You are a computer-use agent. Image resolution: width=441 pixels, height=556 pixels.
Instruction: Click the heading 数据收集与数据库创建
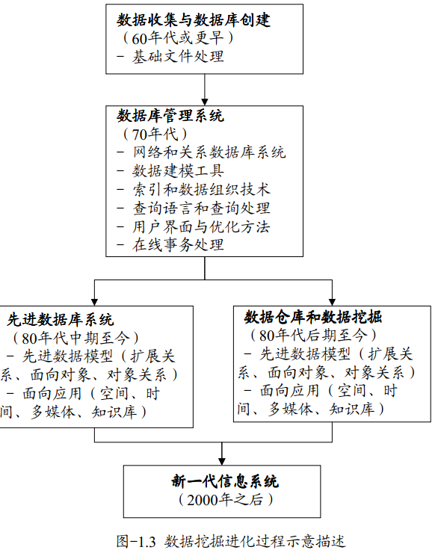click(x=194, y=20)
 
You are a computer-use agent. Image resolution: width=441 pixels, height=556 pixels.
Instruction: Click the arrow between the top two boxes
click(x=204, y=88)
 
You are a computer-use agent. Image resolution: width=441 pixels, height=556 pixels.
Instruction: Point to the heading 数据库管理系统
click(x=170, y=116)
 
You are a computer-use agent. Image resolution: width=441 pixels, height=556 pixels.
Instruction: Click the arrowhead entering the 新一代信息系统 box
click(x=222, y=459)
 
